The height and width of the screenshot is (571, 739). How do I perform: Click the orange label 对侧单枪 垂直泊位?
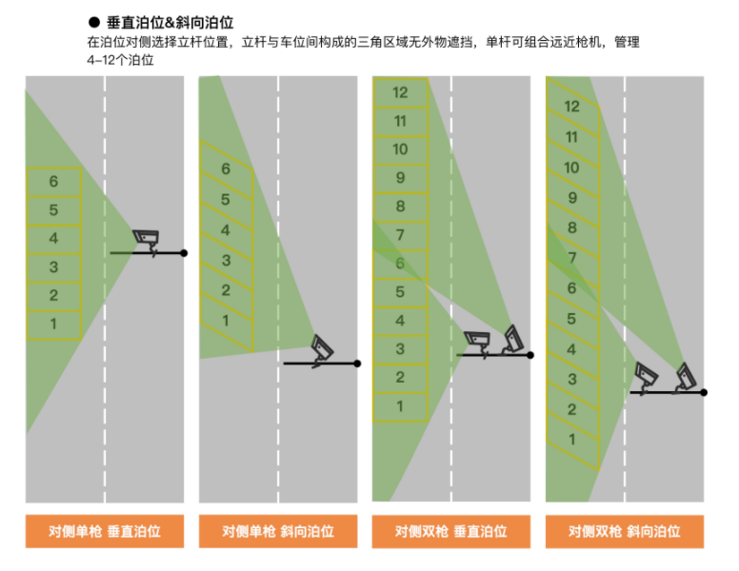click(x=105, y=531)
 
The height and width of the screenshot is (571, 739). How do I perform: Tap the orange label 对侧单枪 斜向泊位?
click(x=278, y=531)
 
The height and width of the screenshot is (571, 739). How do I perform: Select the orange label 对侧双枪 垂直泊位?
click(x=451, y=531)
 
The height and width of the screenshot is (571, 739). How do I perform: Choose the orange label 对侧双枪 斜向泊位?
click(x=625, y=531)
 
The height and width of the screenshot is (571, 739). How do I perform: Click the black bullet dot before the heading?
click(x=94, y=22)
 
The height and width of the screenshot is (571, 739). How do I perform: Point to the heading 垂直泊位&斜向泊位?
click(x=170, y=23)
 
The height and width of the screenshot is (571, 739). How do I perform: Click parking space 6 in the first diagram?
click(x=53, y=182)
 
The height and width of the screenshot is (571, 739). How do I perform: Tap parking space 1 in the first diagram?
click(x=53, y=325)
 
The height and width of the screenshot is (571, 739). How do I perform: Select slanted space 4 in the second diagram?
click(x=227, y=231)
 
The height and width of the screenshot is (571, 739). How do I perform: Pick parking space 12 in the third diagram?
click(x=400, y=93)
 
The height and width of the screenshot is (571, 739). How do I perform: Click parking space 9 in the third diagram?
click(x=400, y=178)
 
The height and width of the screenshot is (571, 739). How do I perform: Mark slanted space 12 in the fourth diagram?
click(x=572, y=107)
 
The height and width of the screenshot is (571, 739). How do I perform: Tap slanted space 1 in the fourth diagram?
click(x=572, y=440)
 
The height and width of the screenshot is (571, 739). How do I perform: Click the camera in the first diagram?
click(x=146, y=241)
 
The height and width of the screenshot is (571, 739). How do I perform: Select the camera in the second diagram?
click(x=322, y=350)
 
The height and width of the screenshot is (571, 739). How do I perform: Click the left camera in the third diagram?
click(x=477, y=343)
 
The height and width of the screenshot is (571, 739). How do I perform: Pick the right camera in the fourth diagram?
click(x=687, y=378)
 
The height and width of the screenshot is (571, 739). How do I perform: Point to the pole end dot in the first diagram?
click(x=184, y=253)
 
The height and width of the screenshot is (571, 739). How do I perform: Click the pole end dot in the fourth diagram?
click(x=704, y=392)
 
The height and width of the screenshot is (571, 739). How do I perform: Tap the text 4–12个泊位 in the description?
click(x=120, y=60)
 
